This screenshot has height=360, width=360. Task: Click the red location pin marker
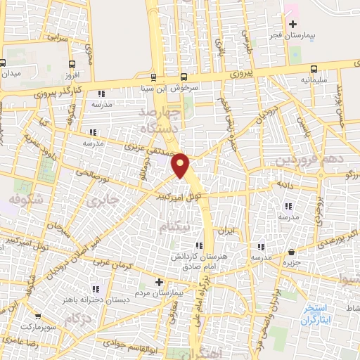[x=181, y=165]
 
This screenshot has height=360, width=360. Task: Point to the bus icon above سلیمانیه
[x=314, y=70]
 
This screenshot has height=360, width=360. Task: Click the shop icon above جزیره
[x=292, y=252]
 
